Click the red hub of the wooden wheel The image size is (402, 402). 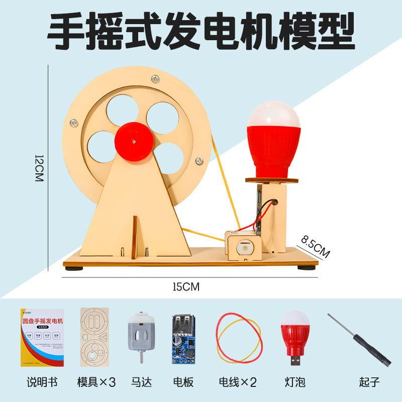tap(134, 142)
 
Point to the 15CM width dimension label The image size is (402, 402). tap(185, 287)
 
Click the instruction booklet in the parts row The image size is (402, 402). tap(42, 337)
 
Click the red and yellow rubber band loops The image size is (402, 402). tap(239, 338)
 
